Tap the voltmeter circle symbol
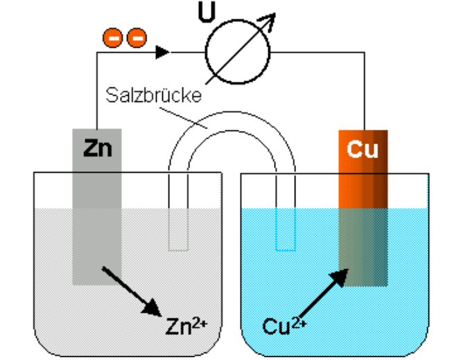(x=236, y=52)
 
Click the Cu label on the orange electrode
(x=362, y=149)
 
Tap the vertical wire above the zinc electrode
(x=96, y=90)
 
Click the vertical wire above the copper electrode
(x=363, y=90)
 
